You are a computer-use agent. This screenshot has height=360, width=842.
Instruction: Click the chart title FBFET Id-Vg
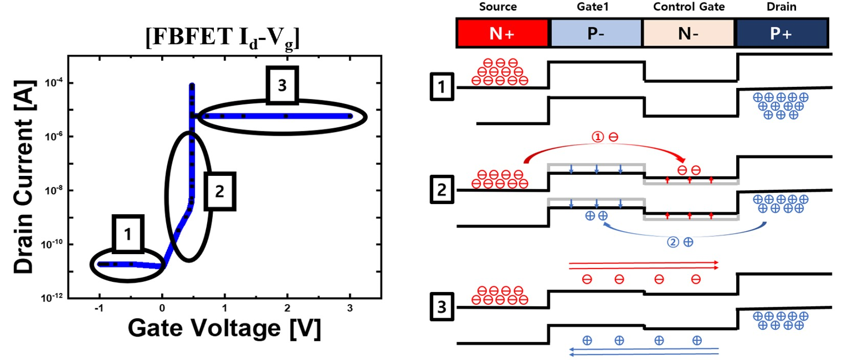click(x=223, y=39)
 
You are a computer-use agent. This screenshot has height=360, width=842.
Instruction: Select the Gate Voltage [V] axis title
click(x=225, y=328)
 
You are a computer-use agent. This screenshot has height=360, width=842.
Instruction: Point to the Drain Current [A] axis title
click(x=25, y=176)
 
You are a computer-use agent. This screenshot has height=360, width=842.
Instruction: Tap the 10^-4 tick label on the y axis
click(x=54, y=82)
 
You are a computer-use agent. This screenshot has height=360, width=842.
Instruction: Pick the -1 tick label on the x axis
click(x=99, y=308)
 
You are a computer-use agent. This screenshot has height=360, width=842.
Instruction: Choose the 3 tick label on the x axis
click(x=350, y=308)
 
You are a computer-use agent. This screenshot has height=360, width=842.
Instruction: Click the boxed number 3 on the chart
click(x=282, y=85)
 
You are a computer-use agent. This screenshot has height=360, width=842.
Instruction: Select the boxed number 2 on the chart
click(x=220, y=191)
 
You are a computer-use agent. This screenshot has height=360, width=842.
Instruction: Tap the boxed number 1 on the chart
click(x=128, y=234)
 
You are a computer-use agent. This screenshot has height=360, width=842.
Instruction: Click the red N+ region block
click(x=502, y=33)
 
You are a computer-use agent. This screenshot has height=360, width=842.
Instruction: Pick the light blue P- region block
click(x=596, y=33)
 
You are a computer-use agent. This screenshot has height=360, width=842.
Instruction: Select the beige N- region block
click(x=689, y=33)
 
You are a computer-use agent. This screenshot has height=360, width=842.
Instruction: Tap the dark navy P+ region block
click(x=782, y=33)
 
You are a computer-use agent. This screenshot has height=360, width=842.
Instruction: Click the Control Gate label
click(x=689, y=7)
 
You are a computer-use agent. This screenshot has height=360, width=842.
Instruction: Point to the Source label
click(x=498, y=7)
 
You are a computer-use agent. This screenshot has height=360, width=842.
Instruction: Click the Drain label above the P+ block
click(x=782, y=7)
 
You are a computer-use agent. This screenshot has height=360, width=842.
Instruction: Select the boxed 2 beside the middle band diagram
click(x=442, y=189)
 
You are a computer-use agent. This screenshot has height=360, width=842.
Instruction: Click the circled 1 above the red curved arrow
click(x=597, y=137)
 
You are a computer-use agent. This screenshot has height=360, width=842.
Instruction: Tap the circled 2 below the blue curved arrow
click(x=673, y=242)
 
